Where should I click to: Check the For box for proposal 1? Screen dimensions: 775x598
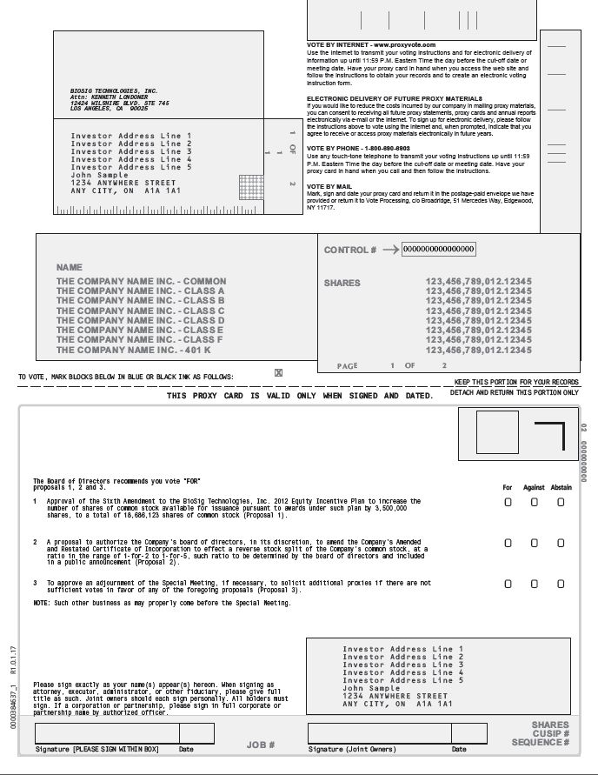[x=508, y=503]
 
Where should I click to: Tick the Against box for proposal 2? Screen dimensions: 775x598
[x=535, y=543]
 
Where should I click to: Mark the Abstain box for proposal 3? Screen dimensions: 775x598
[x=561, y=585]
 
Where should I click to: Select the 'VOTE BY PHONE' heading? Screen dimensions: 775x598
[x=355, y=148]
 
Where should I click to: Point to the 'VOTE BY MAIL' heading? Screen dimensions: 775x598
[x=329, y=186]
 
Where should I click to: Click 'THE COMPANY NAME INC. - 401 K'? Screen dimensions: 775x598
[x=134, y=350]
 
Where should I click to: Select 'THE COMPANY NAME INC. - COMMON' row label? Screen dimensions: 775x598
[x=141, y=281]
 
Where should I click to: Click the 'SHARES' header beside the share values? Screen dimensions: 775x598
[x=342, y=283]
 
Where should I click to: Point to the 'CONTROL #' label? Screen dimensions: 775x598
[x=350, y=250]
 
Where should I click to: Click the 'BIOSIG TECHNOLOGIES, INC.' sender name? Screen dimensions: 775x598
[x=113, y=90]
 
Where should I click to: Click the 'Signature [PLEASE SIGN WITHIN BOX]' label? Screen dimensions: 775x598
[x=97, y=749]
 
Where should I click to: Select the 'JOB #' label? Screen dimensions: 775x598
[x=260, y=745]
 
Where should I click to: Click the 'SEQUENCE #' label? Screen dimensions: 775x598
[x=541, y=742]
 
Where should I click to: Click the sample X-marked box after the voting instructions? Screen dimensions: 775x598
[x=278, y=373]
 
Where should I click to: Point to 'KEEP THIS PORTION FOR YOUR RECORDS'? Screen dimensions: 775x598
[x=516, y=382]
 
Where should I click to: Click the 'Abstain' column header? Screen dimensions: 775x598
[x=561, y=487]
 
